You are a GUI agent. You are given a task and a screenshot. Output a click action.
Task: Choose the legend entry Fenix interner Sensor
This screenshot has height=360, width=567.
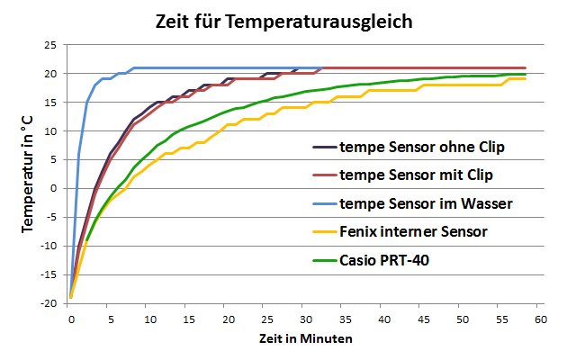tap(413, 231)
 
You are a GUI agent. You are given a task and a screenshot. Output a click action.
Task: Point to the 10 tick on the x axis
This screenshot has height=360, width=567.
tap(148, 319)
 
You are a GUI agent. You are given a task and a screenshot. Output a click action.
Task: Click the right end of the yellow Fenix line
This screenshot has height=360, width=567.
tap(526, 78)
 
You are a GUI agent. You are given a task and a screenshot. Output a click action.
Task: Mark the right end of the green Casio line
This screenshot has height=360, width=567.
tap(526, 74)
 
